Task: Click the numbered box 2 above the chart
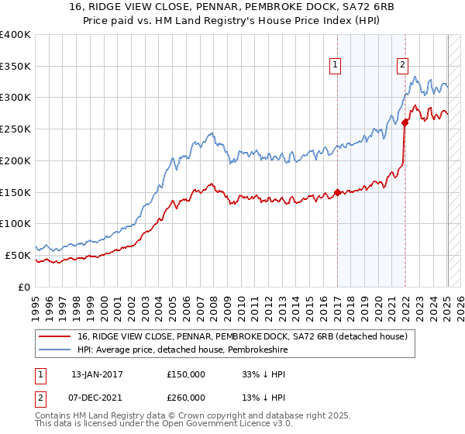coord(404,66)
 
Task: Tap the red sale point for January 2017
coord(337,192)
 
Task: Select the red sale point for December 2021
coord(405,122)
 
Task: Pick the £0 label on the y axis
coord(25,287)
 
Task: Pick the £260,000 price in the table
coord(185,397)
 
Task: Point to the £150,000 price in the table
coord(185,374)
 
